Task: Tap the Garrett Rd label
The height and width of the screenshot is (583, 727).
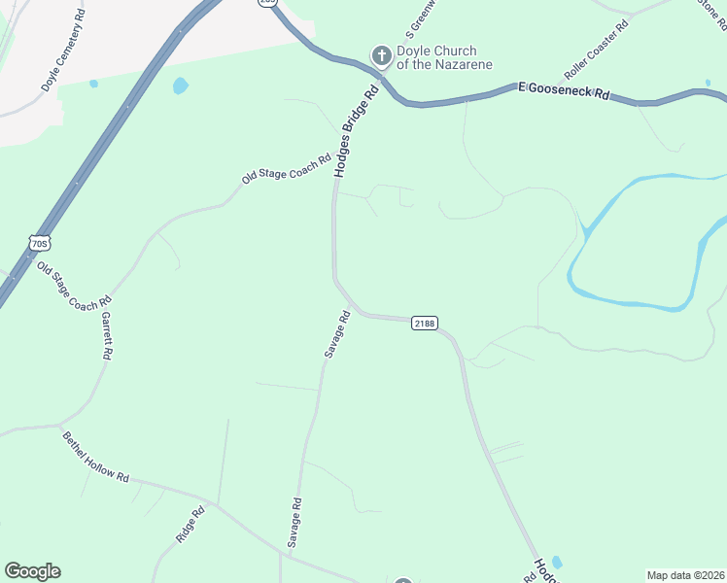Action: (x=106, y=336)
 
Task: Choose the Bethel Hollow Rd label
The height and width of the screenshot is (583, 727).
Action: (x=95, y=457)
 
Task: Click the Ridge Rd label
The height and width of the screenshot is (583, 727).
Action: (x=190, y=525)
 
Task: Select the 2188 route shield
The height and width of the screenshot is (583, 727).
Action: (x=423, y=324)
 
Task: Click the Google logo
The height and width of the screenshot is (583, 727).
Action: (x=32, y=571)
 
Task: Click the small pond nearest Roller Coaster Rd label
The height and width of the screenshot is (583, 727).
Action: (x=709, y=84)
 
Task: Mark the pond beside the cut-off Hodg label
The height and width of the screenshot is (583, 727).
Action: (x=556, y=562)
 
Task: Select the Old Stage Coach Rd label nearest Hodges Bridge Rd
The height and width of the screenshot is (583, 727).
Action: (x=287, y=166)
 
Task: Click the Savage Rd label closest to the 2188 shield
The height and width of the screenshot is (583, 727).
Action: (x=336, y=334)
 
